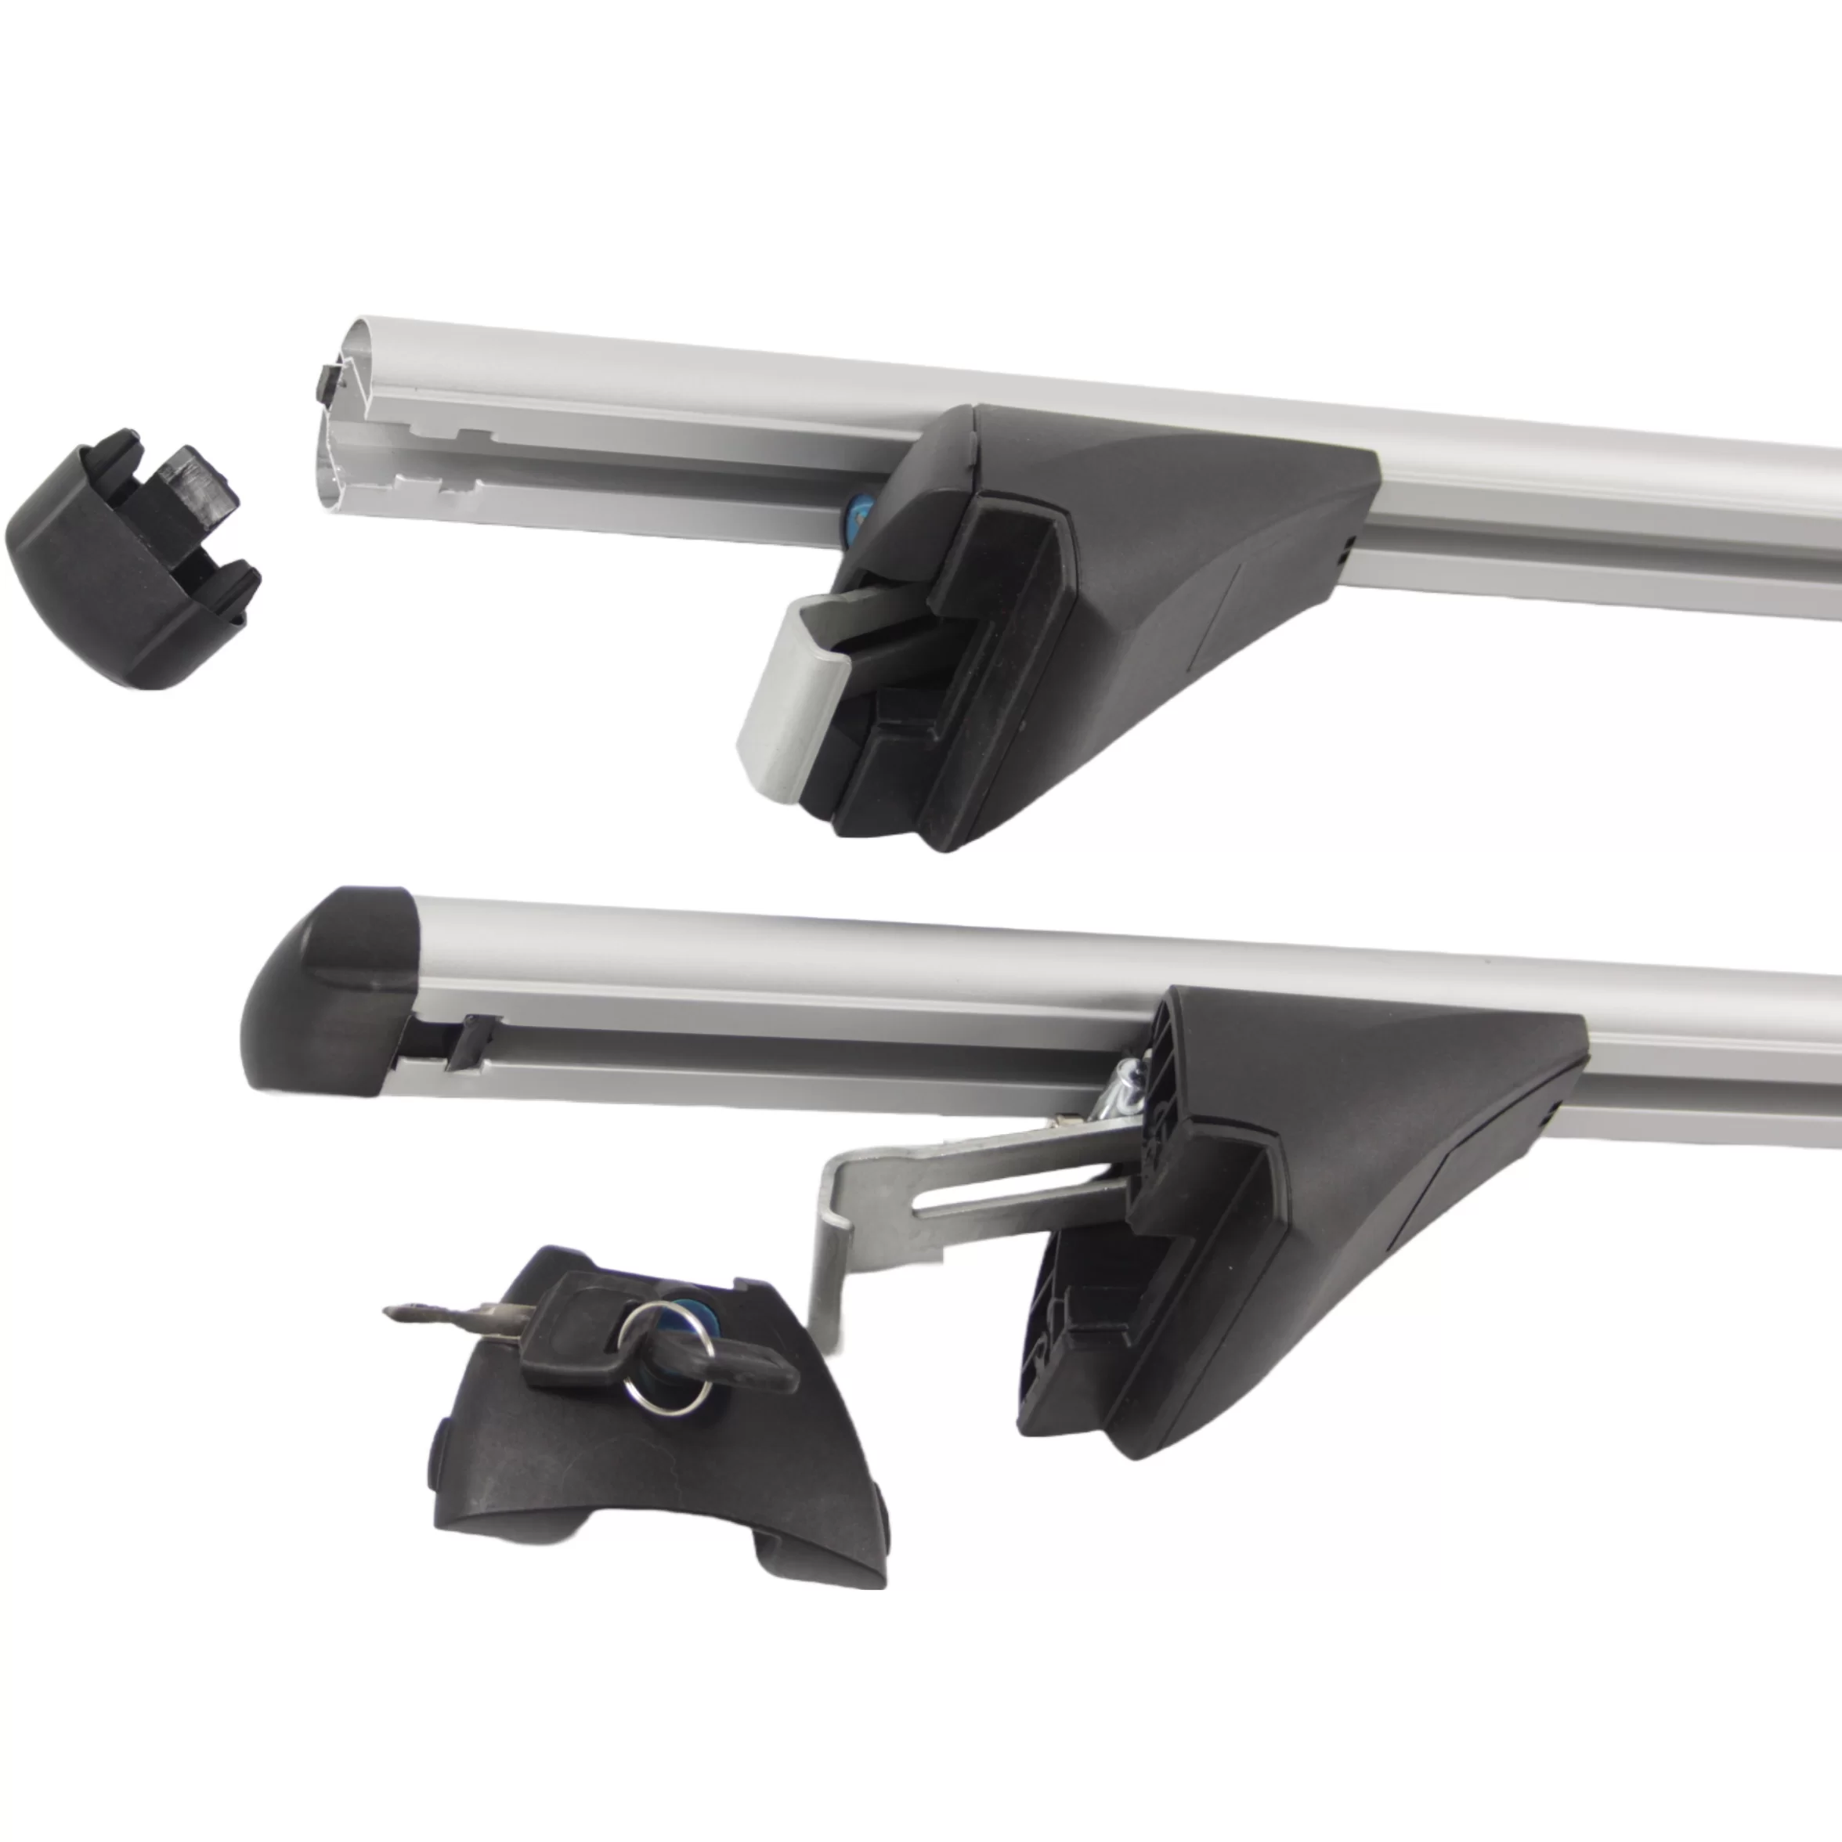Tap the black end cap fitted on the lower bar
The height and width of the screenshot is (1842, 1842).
pyautogui.click(x=324, y=991)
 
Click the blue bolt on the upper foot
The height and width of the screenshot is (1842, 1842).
pyautogui.click(x=855, y=515)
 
